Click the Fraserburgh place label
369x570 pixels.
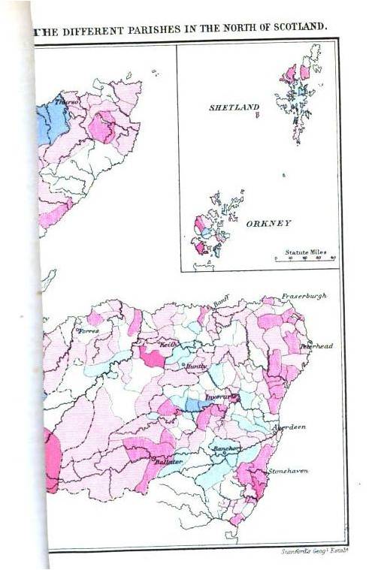coord(305,296)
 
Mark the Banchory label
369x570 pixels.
coord(227,448)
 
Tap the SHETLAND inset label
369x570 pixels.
coord(234,108)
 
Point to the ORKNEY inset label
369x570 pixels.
coord(268,224)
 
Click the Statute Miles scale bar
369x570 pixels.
coord(304,258)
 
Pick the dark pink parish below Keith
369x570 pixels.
coord(153,357)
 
